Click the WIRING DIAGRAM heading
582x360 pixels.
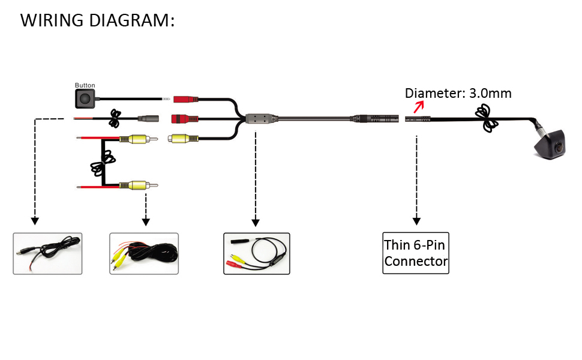[x=98, y=20]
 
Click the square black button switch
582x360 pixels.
[x=85, y=99]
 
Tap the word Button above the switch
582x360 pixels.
[x=85, y=86]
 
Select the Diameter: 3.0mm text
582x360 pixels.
[x=458, y=93]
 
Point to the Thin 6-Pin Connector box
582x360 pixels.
[x=416, y=253]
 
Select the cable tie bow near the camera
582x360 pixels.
[x=487, y=118]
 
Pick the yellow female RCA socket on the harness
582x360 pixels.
[x=182, y=138]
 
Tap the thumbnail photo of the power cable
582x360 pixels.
[x=47, y=254]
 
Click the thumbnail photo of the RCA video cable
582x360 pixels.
[x=144, y=254]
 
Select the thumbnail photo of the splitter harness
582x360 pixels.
[x=256, y=254]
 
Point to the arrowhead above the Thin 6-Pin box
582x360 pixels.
[x=416, y=221]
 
